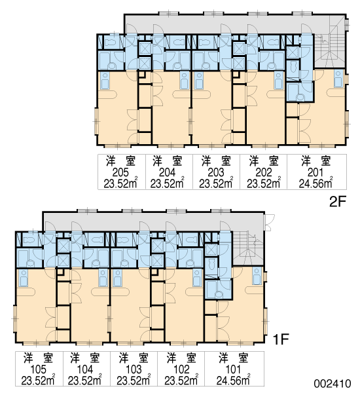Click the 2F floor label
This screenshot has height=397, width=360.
pyautogui.click(x=338, y=202)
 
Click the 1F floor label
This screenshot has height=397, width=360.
pyautogui.click(x=281, y=339)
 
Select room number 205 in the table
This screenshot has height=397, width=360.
pyautogui.click(x=120, y=172)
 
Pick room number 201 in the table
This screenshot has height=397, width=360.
pyautogui.click(x=315, y=172)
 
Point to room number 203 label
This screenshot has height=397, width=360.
pyautogui.click(x=216, y=172)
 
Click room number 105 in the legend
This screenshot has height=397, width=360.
pyautogui.click(x=38, y=369)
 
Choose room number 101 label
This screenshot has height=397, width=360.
pyautogui.click(x=233, y=369)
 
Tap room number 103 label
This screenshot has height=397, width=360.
pyautogui.click(x=134, y=369)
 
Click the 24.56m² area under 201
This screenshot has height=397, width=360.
pyautogui.click(x=315, y=183)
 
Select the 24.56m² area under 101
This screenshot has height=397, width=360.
pyautogui.click(x=233, y=380)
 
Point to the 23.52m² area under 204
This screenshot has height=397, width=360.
pyautogui.click(x=168, y=183)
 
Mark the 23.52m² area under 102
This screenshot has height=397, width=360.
pyautogui.click(x=181, y=380)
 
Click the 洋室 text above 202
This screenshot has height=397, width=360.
pyautogui.click(x=264, y=161)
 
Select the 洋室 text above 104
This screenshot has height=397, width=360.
pyautogui.click(x=84, y=358)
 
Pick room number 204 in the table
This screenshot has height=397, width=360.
pyautogui.click(x=167, y=172)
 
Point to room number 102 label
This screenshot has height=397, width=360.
pyautogui.click(x=181, y=369)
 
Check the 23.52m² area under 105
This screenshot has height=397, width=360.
pyautogui.click(x=38, y=380)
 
